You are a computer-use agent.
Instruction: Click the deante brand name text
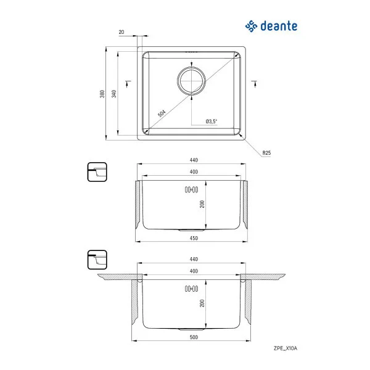pos(277,26)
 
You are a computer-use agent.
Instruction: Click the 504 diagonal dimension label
pos(162,113)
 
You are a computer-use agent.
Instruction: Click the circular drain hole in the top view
pos(192,80)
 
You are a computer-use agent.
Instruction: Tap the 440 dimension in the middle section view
pos(193,160)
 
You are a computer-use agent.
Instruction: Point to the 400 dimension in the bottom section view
pos(193,271)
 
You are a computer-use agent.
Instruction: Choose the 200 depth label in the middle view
pos(202,205)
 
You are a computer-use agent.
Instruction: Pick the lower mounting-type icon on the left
pos(97,259)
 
